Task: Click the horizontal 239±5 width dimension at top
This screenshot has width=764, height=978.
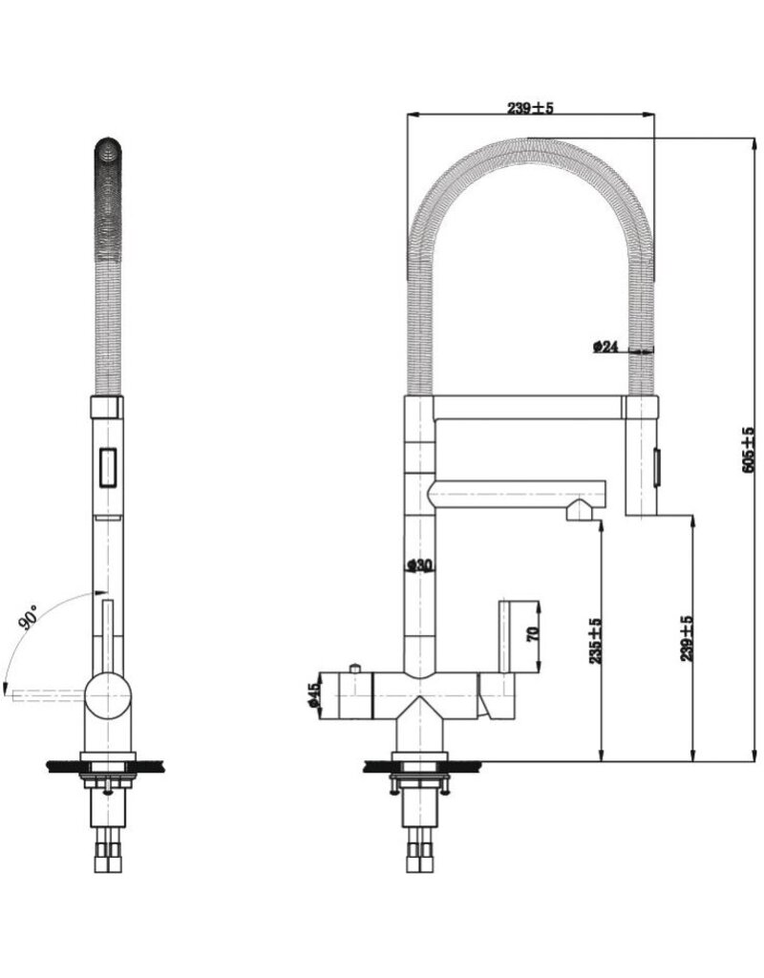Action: (531, 109)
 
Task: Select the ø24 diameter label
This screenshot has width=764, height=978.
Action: (606, 348)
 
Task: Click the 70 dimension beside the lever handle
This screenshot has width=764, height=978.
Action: (535, 631)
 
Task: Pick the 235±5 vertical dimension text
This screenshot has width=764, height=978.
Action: (594, 641)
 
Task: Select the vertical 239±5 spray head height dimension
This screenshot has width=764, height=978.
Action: (687, 639)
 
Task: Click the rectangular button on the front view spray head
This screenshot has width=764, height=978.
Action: (107, 467)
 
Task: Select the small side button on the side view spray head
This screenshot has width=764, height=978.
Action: (656, 466)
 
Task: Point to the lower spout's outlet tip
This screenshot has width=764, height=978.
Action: (580, 513)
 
